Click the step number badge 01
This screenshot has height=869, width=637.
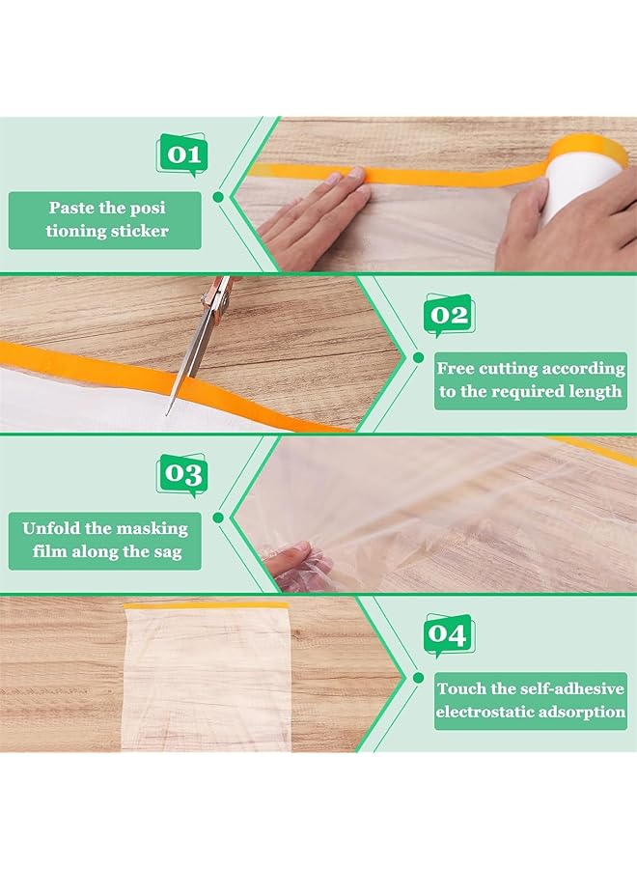click(181, 154)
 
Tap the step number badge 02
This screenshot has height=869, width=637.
click(449, 316)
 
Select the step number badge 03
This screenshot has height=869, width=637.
click(181, 475)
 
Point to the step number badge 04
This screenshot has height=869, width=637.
click(449, 635)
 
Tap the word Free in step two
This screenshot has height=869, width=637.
click(457, 368)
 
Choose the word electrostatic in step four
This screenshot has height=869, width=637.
click(480, 714)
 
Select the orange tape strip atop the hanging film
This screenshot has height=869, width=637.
click(206, 604)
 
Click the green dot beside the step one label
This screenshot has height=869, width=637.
click(218, 196)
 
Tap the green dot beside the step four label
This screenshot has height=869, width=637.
click(418, 678)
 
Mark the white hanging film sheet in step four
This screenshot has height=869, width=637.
click(206, 676)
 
